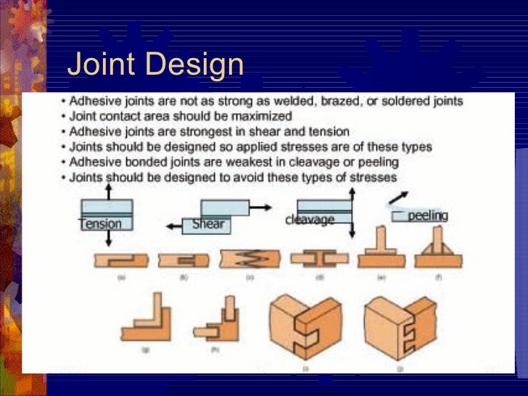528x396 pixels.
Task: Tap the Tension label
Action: [x=102, y=223]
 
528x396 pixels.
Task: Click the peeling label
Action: [x=427, y=216]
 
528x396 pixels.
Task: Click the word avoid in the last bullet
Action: [x=242, y=177]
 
